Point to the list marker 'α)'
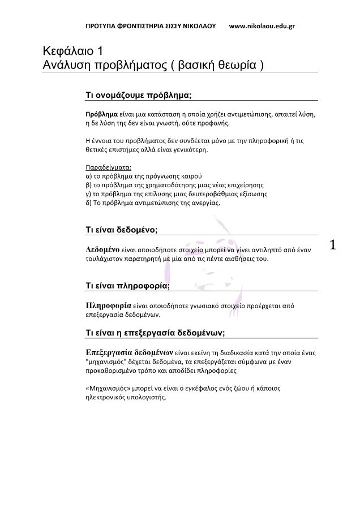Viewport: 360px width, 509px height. pos(88,176)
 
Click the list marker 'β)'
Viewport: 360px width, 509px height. pos(88,185)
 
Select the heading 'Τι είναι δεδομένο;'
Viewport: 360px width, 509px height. pos(121,230)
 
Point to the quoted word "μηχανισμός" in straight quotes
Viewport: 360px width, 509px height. pos(108,361)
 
